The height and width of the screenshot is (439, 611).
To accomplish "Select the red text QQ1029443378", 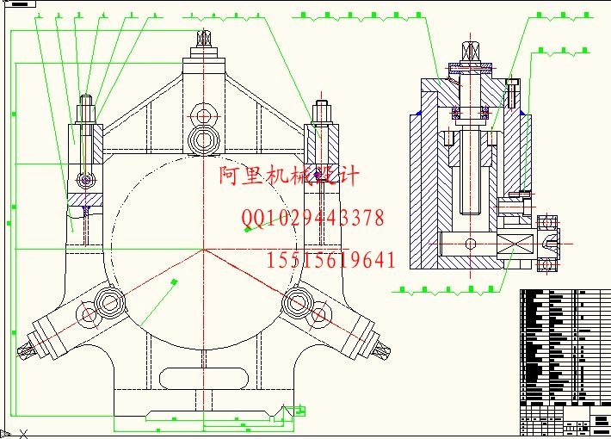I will (x=314, y=219).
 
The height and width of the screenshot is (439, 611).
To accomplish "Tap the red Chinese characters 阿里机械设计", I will (x=288, y=176).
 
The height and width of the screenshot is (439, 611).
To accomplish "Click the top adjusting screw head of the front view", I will (x=204, y=39).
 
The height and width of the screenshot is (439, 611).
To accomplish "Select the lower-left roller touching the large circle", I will (x=108, y=302).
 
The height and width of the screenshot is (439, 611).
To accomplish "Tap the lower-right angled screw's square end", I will (x=379, y=348).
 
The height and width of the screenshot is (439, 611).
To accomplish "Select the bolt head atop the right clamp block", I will (x=321, y=110).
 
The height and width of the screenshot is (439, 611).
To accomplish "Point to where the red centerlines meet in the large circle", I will (x=204, y=250).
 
